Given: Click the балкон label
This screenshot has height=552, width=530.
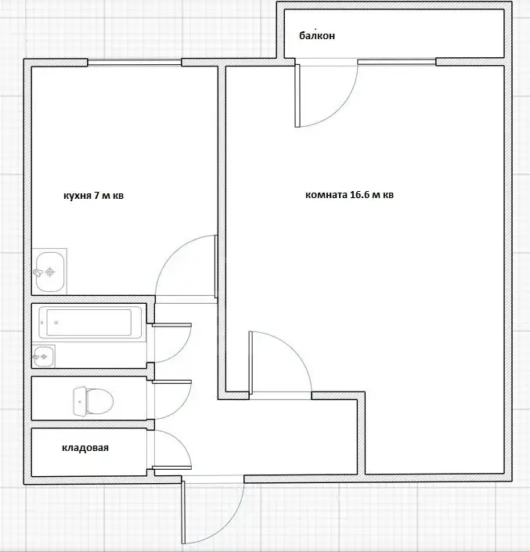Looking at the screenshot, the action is tap(317, 35).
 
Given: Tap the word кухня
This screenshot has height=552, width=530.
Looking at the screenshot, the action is tap(78, 196).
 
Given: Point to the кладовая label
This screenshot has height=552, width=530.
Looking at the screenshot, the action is tap(85, 448).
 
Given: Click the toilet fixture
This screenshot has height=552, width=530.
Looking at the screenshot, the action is tap(93, 402).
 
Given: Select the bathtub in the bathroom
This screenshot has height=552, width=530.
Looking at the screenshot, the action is tap(91, 322).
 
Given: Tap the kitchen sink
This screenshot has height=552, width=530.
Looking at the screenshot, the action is tap(49, 272).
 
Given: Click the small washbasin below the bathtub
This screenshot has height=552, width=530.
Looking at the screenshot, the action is tap(44, 356).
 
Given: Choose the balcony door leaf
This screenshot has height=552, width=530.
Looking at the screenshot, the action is tap(297, 96).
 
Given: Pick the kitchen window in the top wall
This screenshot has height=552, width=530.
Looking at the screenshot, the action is tap(135, 63).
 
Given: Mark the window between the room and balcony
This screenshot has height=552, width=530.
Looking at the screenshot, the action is tap(397, 62).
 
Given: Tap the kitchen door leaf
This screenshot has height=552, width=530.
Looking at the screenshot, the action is tap(216, 266).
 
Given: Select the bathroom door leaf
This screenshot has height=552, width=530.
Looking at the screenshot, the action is tap(171, 325).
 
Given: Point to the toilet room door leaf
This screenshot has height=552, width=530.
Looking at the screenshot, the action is tap(171, 381).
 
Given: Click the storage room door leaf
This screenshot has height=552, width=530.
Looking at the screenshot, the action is tap(171, 468).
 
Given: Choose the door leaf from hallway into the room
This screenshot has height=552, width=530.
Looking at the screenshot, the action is tap(251, 363).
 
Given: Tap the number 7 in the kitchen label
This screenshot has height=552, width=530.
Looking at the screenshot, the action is tap(96, 196).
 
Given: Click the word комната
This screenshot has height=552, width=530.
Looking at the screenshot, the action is tap(326, 195).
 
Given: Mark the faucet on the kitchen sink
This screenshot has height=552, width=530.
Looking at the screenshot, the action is tap(38, 272).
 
